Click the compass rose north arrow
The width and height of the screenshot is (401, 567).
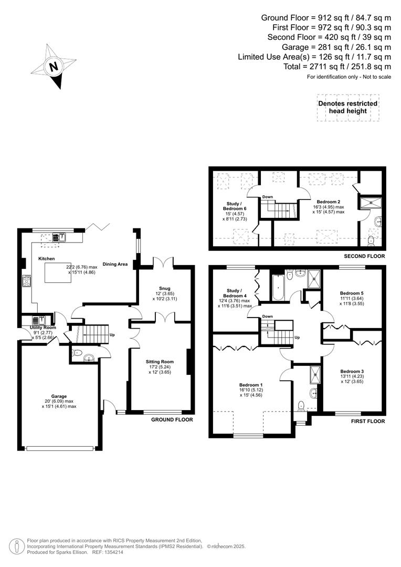point(52,67)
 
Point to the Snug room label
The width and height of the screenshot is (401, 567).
point(165,288)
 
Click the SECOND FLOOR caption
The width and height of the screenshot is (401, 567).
point(364,256)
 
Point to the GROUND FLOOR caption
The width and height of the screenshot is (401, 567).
point(172,419)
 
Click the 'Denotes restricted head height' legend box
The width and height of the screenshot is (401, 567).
point(347,107)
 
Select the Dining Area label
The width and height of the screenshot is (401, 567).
point(115,264)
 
